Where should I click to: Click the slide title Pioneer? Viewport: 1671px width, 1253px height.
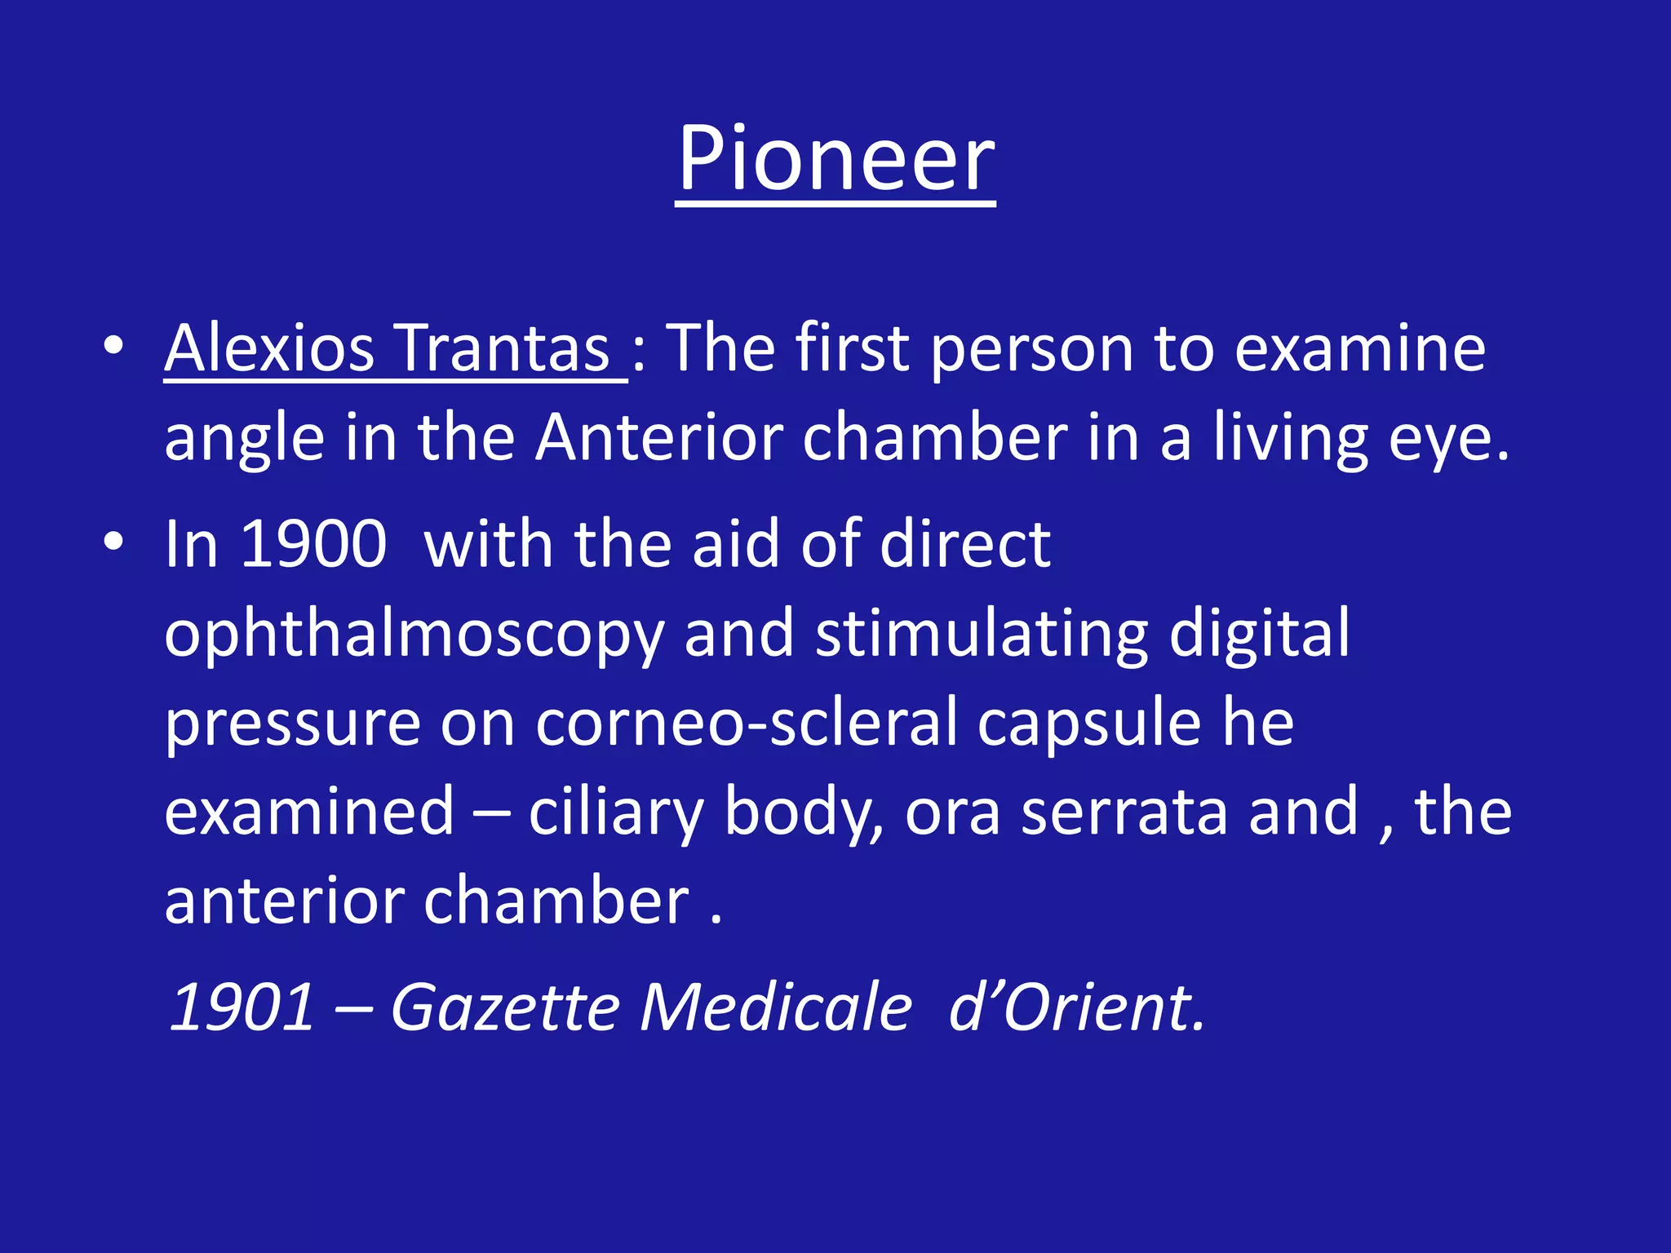click(x=835, y=159)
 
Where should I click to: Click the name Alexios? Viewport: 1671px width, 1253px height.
click(x=269, y=348)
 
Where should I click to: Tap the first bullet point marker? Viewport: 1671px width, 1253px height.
click(x=113, y=346)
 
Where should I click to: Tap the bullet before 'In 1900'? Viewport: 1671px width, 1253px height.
click(x=113, y=542)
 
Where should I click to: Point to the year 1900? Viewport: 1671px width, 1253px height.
click(x=314, y=544)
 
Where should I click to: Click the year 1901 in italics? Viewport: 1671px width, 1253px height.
click(x=242, y=1007)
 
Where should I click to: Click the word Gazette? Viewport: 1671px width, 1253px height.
click(x=505, y=1007)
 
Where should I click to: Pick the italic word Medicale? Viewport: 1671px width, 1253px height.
click(x=775, y=1007)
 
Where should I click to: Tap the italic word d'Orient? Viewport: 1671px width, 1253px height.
click(x=1077, y=1007)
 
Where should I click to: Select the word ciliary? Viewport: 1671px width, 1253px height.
click(x=616, y=814)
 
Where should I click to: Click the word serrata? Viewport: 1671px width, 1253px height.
click(x=1124, y=812)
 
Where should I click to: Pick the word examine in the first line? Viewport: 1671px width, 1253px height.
click(x=1359, y=348)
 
